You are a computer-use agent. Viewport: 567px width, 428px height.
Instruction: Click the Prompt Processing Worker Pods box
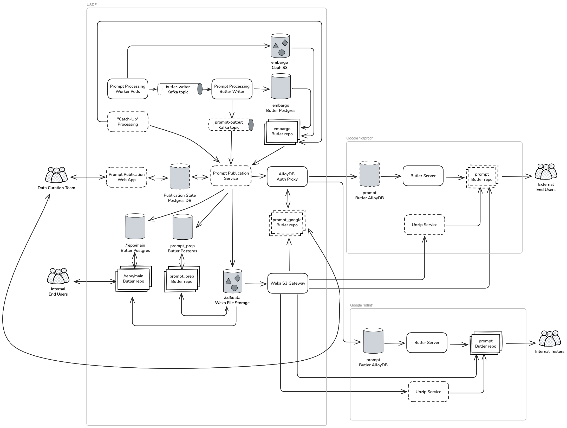point(128,89)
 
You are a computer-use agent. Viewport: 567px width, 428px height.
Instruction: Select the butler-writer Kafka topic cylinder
point(180,89)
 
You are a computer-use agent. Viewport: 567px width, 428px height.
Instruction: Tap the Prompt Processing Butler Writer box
point(232,89)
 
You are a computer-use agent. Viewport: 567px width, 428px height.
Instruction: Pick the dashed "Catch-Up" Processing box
point(128,122)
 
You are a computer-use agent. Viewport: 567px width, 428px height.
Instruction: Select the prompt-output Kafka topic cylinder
point(231,125)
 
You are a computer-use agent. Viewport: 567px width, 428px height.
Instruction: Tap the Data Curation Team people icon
point(56,175)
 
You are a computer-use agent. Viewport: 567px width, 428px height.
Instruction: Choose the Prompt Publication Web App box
point(127,177)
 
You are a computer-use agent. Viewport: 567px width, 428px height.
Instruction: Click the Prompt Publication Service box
point(231,176)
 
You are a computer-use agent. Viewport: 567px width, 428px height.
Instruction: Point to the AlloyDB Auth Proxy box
point(287,176)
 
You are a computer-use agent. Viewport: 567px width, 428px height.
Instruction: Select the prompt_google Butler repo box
point(287,222)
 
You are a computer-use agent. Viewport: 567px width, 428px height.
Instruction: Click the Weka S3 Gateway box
point(288,283)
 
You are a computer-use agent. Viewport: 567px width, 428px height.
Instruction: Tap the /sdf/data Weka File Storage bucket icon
point(233,281)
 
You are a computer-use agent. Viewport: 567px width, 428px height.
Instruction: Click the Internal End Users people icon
point(58,276)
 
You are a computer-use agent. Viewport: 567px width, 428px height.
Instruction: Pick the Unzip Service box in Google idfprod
point(425,225)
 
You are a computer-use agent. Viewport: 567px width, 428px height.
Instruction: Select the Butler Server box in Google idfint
point(427,342)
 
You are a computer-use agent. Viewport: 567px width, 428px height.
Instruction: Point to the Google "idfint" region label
point(361,305)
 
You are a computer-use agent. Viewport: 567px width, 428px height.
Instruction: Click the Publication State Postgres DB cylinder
point(180,176)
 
